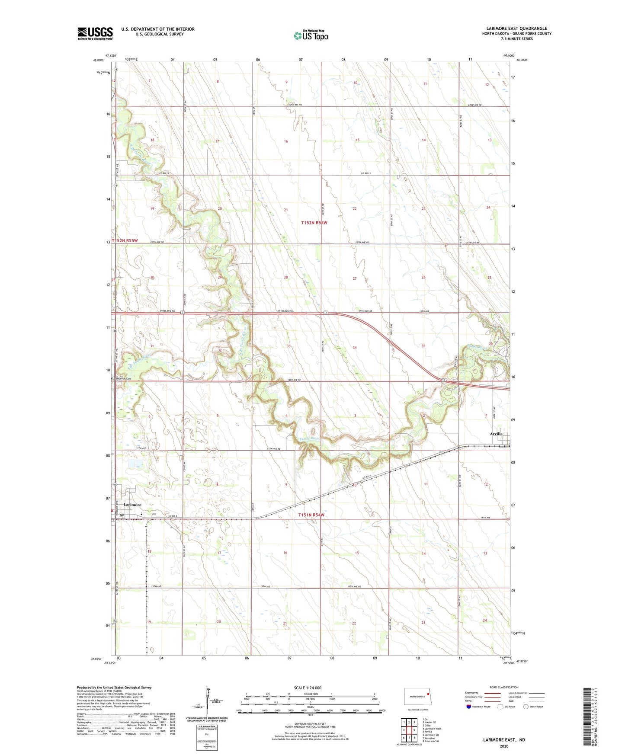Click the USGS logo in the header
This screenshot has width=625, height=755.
click(x=95, y=33)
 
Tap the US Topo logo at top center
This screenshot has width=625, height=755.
click(x=311, y=35)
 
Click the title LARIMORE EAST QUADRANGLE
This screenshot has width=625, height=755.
click(x=516, y=29)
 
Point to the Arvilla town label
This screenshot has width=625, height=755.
click(x=496, y=434)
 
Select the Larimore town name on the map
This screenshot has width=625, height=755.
click(x=132, y=505)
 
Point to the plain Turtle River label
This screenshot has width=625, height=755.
click(x=309, y=438)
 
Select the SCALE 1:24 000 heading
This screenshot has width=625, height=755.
click(x=308, y=688)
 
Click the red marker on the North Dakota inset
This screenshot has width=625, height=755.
click(x=427, y=695)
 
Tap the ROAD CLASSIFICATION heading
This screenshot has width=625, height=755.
click(x=504, y=687)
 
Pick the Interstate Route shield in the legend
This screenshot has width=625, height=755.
click(x=469, y=707)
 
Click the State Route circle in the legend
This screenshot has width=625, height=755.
click(x=526, y=707)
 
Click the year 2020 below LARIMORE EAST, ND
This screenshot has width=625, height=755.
click(x=504, y=746)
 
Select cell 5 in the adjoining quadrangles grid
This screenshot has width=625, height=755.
click(x=414, y=730)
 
